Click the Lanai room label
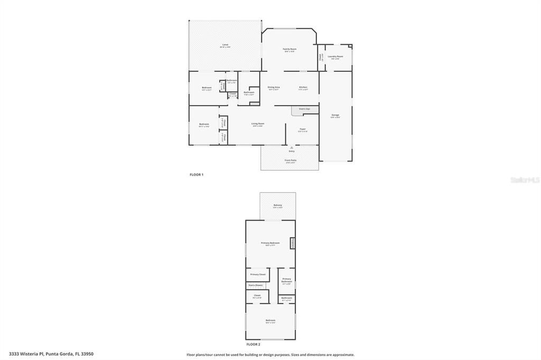[x=225, y=45]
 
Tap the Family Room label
[x=290, y=49]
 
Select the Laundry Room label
[x=335, y=56]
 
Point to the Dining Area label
[x=274, y=87]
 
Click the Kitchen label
[x=303, y=87]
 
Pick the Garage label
[x=335, y=115]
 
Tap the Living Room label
[x=258, y=124]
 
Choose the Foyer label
[x=303, y=129]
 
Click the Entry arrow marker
[x=292, y=148]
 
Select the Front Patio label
[x=291, y=160]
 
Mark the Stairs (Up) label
[x=304, y=109]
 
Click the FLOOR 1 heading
[x=197, y=175]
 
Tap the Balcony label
[x=277, y=205]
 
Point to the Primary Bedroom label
[x=270, y=243]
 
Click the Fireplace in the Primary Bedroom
[x=292, y=243]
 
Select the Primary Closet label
[x=258, y=274]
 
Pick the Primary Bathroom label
[x=287, y=280]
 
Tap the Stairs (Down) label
[x=255, y=285]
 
